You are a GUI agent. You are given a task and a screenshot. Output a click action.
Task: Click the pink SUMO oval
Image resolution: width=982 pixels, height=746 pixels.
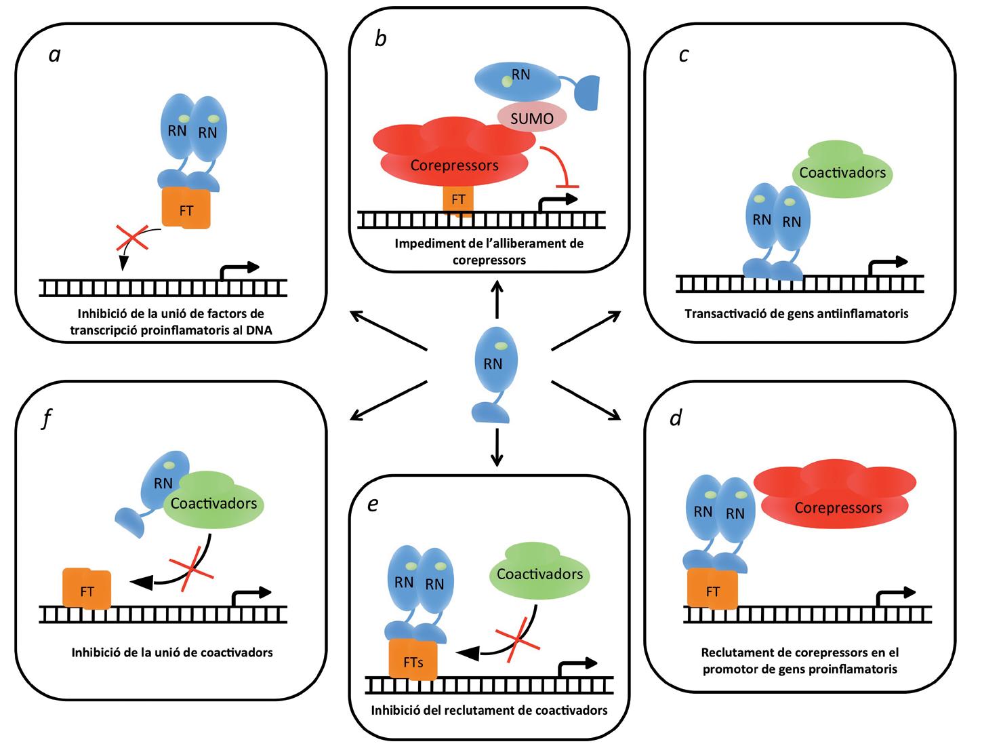click(532, 117)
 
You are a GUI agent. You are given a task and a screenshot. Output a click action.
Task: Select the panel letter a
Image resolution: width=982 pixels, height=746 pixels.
click(55, 54)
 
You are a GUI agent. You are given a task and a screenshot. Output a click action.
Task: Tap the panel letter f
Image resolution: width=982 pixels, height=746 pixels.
click(46, 420)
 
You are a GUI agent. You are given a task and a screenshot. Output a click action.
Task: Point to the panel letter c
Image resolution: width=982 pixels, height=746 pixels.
click(684, 54)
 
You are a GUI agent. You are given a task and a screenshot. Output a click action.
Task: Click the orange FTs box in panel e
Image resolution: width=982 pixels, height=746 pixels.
click(413, 661)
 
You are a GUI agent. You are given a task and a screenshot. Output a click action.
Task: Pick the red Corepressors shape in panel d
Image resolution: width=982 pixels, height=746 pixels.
click(837, 498)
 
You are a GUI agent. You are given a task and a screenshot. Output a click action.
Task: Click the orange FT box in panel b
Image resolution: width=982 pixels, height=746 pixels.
click(458, 199)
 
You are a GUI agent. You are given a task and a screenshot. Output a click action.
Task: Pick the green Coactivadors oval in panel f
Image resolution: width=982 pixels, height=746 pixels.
click(214, 504)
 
